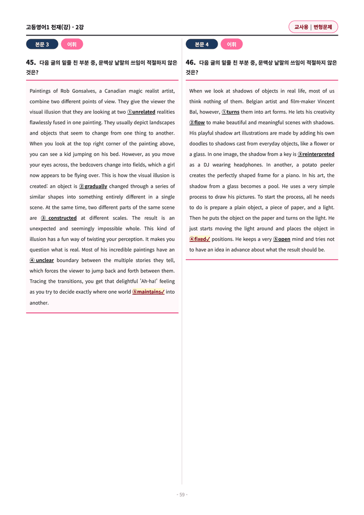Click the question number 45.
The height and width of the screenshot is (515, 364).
31,63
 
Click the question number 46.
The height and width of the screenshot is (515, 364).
191,63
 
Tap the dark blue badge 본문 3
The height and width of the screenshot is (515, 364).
42,45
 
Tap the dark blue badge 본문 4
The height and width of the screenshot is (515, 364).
201,45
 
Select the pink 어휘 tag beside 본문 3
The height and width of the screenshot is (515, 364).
72,45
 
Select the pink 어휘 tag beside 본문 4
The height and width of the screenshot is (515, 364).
232,45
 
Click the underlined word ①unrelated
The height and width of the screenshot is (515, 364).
141,112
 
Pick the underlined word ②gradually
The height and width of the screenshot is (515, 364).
93,186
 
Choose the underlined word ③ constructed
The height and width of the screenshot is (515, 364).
59,218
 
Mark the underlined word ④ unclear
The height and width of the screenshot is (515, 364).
42,260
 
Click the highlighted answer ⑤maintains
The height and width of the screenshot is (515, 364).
148,292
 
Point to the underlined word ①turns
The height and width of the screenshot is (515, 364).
230,112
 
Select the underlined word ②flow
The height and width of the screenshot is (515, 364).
197,123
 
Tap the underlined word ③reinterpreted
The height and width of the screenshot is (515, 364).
316,154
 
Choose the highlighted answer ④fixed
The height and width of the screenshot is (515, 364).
200,239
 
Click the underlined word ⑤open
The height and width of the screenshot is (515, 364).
282,239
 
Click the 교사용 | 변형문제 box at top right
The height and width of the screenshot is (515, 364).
313,27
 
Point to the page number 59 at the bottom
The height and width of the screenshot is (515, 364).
182,495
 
